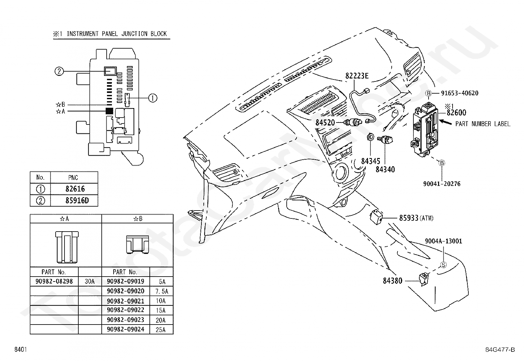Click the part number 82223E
point(357,76)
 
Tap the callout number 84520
point(325,122)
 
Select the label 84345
point(371,161)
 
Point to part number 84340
point(385,169)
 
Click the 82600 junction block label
point(457,113)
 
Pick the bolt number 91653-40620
point(460,93)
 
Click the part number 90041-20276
point(442,184)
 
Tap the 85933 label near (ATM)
point(409,218)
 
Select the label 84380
point(393,281)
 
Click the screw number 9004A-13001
point(444,241)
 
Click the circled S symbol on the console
point(443,265)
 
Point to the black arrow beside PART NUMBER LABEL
point(445,122)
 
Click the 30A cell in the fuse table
point(90,282)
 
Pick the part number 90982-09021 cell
point(126,301)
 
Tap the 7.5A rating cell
point(161,291)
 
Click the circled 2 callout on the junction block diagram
point(59,71)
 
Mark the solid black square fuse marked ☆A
point(109,111)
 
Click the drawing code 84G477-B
point(500,350)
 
